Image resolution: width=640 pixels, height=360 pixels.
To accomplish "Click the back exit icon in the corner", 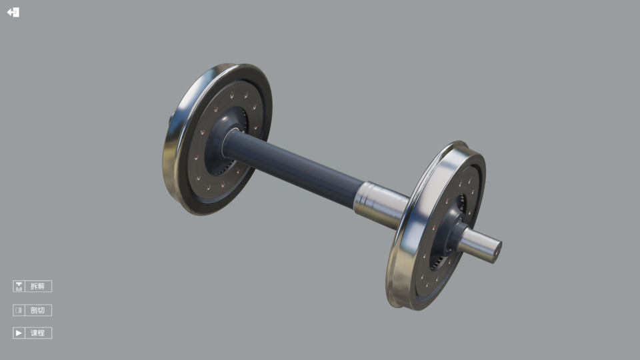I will coord(13,12).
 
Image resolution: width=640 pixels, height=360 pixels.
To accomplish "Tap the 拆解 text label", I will coord(38,286).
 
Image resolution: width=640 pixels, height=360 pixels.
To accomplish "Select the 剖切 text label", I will coord(38,310).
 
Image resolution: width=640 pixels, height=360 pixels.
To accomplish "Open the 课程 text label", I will coord(38,333).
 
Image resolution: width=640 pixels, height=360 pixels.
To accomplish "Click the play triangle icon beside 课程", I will coord(19,333).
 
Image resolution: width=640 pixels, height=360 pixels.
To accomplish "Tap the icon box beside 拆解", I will coord(19,286).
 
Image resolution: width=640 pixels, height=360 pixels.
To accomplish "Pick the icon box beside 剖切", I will coord(19,310).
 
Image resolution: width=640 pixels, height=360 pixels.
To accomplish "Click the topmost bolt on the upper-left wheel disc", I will coord(231,95).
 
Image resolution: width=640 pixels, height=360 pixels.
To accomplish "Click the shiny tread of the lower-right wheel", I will coord(400,267).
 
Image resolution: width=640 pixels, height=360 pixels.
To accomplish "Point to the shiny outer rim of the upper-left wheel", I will coord(175,153).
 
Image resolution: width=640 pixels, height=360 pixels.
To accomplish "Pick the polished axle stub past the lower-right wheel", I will coord(480,243).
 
